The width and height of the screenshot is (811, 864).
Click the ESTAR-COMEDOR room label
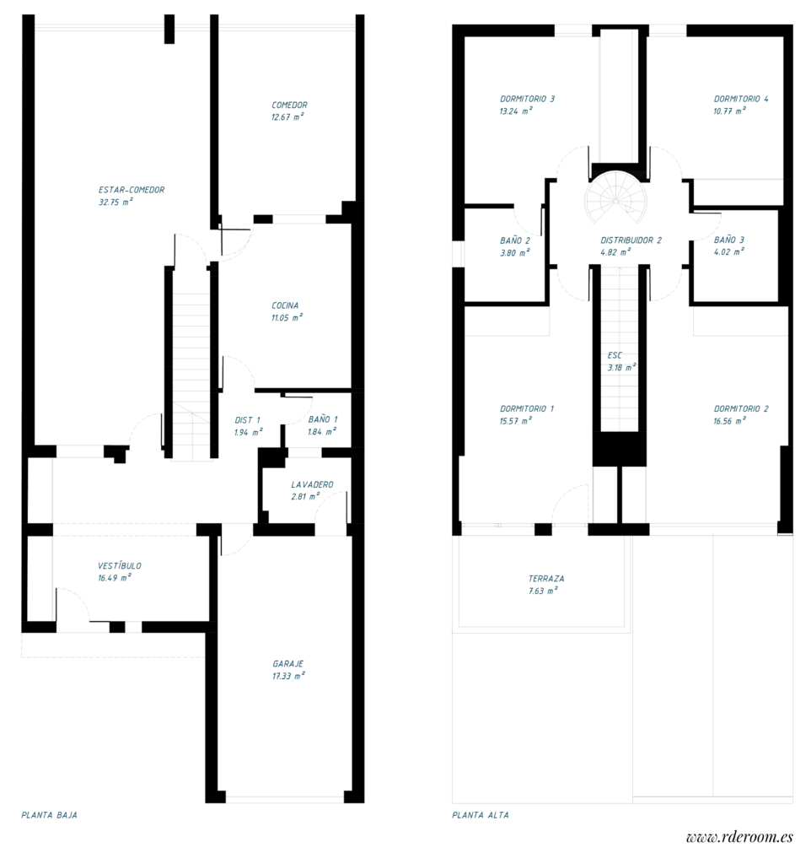(x=132, y=190)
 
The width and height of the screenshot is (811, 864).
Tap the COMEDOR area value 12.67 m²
(x=287, y=117)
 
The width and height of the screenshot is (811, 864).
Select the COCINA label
(x=285, y=305)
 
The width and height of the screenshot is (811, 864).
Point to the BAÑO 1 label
(x=323, y=418)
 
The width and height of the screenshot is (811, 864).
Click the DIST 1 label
(x=247, y=419)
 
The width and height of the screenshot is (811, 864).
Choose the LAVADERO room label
(x=312, y=484)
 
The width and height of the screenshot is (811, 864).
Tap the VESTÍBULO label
(x=120, y=565)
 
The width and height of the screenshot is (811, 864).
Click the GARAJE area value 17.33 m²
(x=288, y=676)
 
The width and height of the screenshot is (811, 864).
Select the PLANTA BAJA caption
(x=49, y=815)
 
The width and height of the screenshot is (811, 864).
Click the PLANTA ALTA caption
(x=481, y=815)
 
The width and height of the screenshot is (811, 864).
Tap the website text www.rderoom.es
(x=739, y=837)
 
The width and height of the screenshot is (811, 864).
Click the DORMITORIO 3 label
(x=527, y=99)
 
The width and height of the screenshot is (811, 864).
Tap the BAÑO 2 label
(x=514, y=240)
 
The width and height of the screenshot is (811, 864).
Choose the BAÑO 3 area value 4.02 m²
(x=730, y=251)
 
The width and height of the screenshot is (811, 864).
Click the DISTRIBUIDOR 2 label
(x=631, y=240)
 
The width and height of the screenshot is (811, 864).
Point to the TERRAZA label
(x=546, y=579)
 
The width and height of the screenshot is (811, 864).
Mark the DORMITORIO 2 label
(x=741, y=408)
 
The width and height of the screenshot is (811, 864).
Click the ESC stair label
(x=615, y=355)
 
